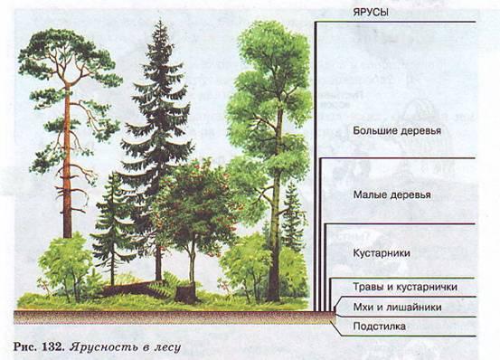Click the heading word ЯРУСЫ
click(x=371, y=13)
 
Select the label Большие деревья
click(x=397, y=131)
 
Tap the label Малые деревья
click(x=392, y=194)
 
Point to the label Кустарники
click(x=382, y=253)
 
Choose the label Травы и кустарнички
click(x=405, y=287)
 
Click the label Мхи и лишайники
click(x=397, y=307)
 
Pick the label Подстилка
click(x=380, y=327)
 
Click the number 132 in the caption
click(x=52, y=346)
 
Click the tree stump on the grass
click(x=185, y=294)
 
